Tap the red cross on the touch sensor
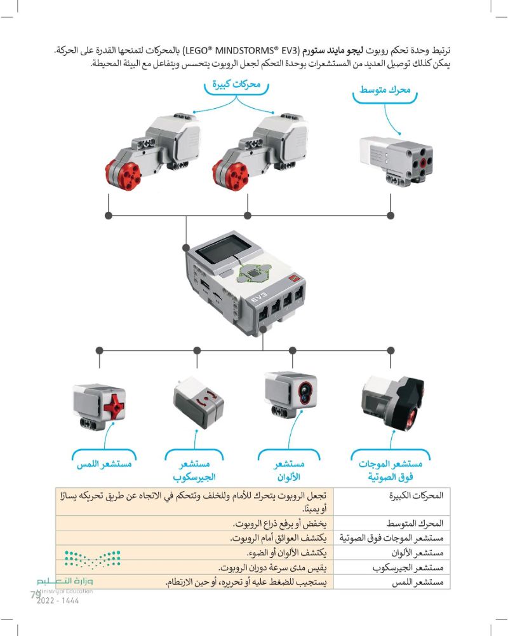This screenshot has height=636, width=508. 115,406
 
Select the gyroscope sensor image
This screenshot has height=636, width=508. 198,402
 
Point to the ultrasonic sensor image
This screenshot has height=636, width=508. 392,401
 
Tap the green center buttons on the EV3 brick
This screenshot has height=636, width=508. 255,273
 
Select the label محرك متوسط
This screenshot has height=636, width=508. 385,90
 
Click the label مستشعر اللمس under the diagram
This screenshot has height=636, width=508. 105,464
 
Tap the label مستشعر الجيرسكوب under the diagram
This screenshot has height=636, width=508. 194,470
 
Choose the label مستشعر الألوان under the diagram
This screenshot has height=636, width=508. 289,470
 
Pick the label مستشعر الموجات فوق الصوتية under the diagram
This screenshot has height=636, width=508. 391,470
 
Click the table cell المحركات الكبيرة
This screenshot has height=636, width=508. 417,495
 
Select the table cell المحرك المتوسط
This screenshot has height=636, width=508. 415,523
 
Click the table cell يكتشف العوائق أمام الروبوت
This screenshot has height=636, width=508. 278,538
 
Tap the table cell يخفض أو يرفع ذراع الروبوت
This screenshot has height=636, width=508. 279,523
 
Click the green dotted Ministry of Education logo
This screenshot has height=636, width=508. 92,559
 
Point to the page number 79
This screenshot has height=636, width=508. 36,595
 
